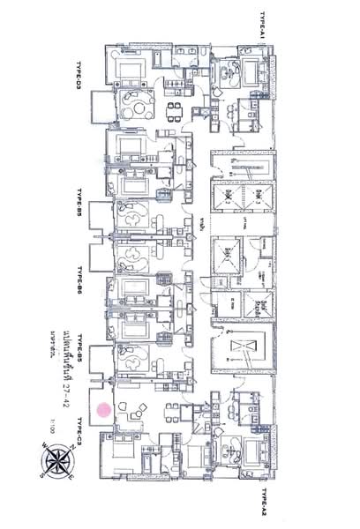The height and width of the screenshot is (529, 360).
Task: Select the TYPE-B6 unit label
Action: [79, 280]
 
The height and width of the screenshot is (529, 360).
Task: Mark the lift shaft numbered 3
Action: [256, 195]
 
